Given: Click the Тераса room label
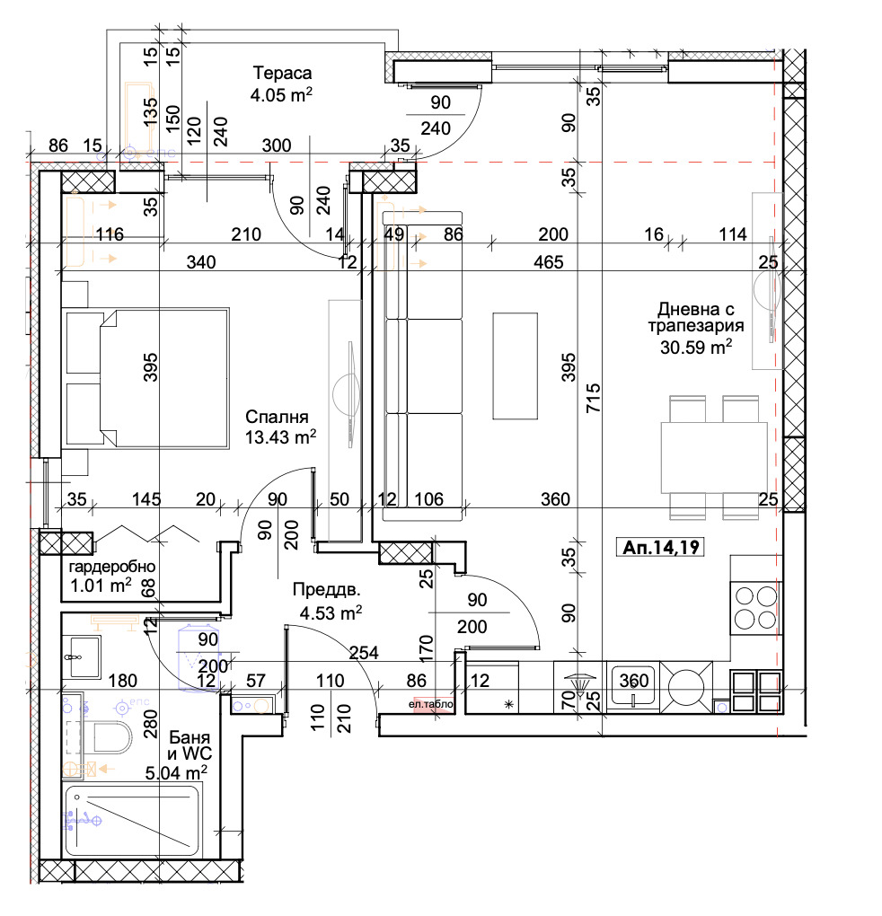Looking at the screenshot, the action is tap(282, 73).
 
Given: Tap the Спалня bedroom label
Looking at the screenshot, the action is tap(277, 417).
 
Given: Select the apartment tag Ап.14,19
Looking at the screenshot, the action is tap(661, 547).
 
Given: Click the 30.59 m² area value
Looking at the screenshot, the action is tap(696, 347).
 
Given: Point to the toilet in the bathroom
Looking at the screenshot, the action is tap(112, 737).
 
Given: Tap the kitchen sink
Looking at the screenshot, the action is tap(633, 686).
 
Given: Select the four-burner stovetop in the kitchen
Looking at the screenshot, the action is tap(756, 608).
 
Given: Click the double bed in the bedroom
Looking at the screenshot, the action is tap(147, 379).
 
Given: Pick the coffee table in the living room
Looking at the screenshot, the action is tap(516, 366).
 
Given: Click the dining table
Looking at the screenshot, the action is tap(714, 457).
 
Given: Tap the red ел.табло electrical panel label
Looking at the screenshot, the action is tap(431, 705).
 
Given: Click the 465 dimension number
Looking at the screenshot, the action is tap(549, 261).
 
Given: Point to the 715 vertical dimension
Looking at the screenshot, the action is tap(594, 398).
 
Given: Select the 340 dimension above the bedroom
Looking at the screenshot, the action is tap(201, 261).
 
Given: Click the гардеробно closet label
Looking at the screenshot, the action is tap(112, 566).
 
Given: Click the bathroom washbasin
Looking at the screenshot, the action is tap(83, 656).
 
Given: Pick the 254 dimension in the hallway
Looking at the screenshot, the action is tap(364, 653).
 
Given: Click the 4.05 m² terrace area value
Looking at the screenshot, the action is tap(281, 94).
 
